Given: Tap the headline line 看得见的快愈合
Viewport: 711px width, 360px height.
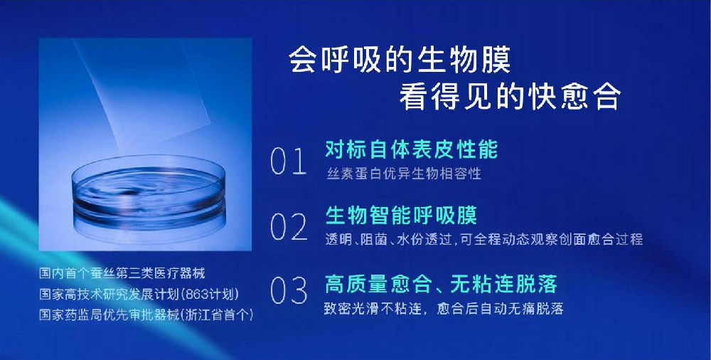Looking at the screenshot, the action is pos(510,97).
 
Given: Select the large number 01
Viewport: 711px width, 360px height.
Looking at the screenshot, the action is pos(289,162).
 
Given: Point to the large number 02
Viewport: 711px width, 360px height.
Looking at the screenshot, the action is pos(289,226).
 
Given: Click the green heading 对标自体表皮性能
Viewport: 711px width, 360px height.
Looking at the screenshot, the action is pos(411,149).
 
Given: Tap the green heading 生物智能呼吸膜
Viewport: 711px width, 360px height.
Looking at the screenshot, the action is pos(401,215).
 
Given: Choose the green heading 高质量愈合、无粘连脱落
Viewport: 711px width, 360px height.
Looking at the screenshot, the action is pos(441,284).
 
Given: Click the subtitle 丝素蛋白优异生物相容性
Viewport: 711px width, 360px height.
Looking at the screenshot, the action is pos(404,174).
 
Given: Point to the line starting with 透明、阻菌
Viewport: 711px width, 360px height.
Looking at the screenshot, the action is pos(483,239).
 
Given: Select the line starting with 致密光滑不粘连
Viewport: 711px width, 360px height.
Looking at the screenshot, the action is pos(444,309).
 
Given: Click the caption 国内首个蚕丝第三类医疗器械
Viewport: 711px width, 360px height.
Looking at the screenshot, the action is pos(122,273).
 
